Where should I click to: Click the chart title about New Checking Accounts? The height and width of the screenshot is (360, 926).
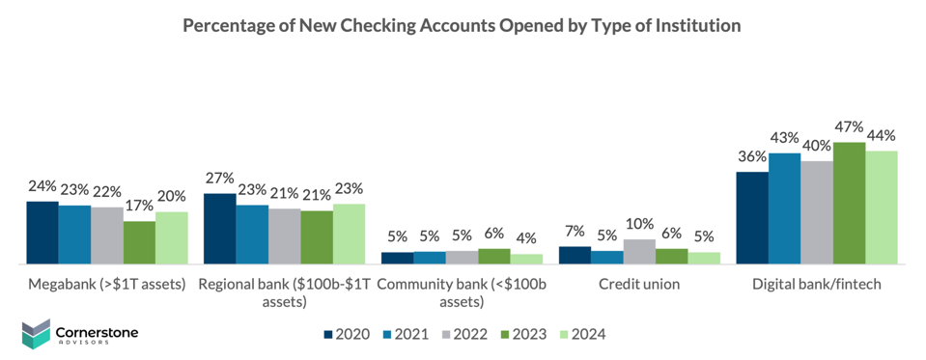463,26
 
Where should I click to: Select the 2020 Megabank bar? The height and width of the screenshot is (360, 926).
42,233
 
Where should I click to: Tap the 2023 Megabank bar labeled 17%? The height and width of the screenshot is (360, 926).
139,242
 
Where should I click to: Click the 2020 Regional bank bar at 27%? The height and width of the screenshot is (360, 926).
219,229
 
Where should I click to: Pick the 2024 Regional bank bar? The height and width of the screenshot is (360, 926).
349,234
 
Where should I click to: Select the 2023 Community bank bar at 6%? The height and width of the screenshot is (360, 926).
494,256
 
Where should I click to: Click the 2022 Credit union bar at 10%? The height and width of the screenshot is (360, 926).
639,251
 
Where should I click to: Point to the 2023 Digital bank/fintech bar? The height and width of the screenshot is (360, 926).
849,203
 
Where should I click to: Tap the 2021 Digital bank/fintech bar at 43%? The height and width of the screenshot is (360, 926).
784,208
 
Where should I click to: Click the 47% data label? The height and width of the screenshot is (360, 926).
850,127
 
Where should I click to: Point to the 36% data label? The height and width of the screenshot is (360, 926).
752,156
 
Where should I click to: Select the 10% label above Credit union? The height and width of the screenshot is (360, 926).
639,224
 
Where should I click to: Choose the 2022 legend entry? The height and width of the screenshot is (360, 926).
463,334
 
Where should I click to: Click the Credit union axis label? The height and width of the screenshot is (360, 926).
638,284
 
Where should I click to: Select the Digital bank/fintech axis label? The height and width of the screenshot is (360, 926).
817,284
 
